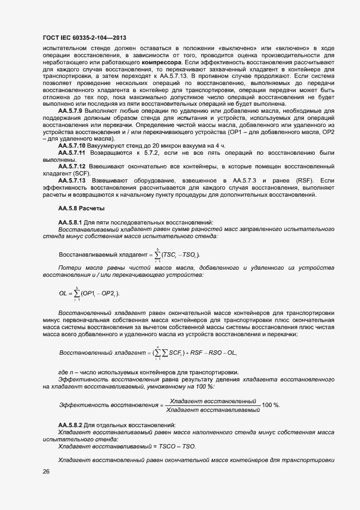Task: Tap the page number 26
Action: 46,472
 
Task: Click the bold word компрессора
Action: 161,62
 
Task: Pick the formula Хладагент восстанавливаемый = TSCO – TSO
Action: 127,446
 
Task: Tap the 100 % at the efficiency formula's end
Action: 271,405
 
